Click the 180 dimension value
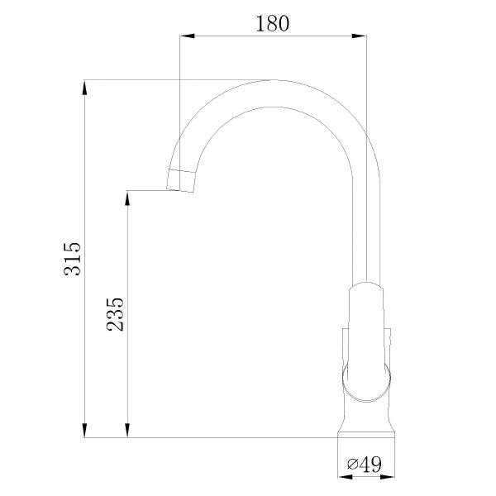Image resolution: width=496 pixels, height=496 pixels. (x=272, y=23)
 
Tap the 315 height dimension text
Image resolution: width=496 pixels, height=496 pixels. (x=73, y=259)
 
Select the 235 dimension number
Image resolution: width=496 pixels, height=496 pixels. (x=116, y=314)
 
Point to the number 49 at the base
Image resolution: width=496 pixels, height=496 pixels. (x=371, y=465)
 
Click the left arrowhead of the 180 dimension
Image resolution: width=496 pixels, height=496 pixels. (x=185, y=36)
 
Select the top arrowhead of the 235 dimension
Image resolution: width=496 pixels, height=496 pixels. (x=128, y=197)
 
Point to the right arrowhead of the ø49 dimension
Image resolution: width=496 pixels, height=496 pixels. (x=392, y=475)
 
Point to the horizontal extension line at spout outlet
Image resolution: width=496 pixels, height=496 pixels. (x=149, y=190)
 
